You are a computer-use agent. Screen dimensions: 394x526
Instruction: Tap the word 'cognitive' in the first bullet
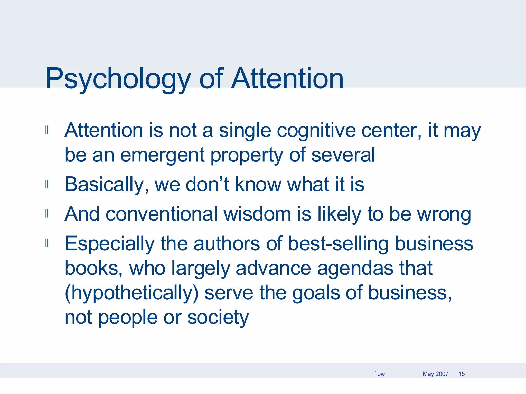click(316, 131)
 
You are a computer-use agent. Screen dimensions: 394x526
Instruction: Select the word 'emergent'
click(162, 155)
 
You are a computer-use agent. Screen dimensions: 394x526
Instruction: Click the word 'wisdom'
click(257, 214)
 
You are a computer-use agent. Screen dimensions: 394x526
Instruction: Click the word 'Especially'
click(110, 244)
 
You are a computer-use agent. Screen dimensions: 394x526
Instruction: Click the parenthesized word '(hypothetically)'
click(132, 293)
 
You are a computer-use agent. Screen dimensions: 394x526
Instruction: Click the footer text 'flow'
click(379, 374)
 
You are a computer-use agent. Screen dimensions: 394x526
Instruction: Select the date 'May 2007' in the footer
click(435, 374)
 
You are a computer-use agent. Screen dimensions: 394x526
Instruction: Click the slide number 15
click(462, 374)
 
